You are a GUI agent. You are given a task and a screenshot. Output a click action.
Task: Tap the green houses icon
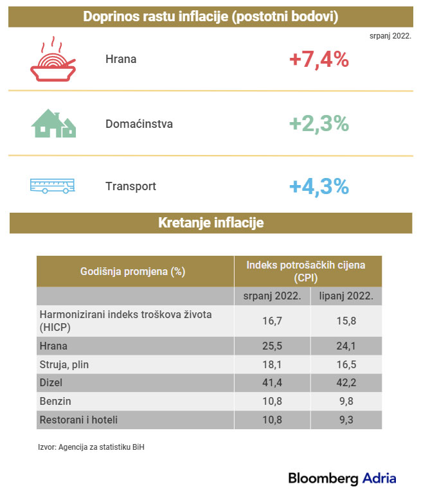54,123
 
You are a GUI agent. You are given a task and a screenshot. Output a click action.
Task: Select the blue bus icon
52,186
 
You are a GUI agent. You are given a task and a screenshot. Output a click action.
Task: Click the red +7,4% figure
319,60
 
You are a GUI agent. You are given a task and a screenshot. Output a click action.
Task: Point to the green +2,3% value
319,123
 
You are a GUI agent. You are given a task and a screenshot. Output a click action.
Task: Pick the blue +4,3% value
319,186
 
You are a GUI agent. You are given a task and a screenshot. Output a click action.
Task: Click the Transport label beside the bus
130,186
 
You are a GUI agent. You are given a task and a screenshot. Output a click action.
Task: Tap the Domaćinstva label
139,123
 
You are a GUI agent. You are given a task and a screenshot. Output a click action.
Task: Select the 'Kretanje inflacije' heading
211,223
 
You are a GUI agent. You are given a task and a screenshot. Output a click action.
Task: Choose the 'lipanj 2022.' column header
346,296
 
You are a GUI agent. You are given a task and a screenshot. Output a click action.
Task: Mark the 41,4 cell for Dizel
272,383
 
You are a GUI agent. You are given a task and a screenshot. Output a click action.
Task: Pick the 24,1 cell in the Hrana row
346,346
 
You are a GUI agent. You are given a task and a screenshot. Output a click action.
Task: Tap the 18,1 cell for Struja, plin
272,364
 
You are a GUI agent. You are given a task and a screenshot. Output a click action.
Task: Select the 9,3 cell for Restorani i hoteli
346,420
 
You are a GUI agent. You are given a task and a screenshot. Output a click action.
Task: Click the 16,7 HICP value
272,321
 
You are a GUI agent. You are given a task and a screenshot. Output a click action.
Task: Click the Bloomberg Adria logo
342,478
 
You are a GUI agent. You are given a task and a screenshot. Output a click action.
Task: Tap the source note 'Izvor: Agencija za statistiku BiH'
91,447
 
